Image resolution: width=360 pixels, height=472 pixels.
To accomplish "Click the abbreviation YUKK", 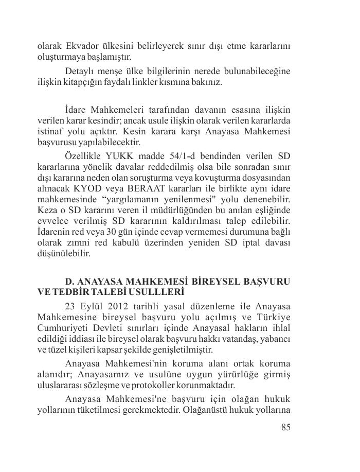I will pyautogui.click(x=119, y=156).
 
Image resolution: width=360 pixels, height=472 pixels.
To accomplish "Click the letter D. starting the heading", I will pyautogui.click(x=70, y=282).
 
